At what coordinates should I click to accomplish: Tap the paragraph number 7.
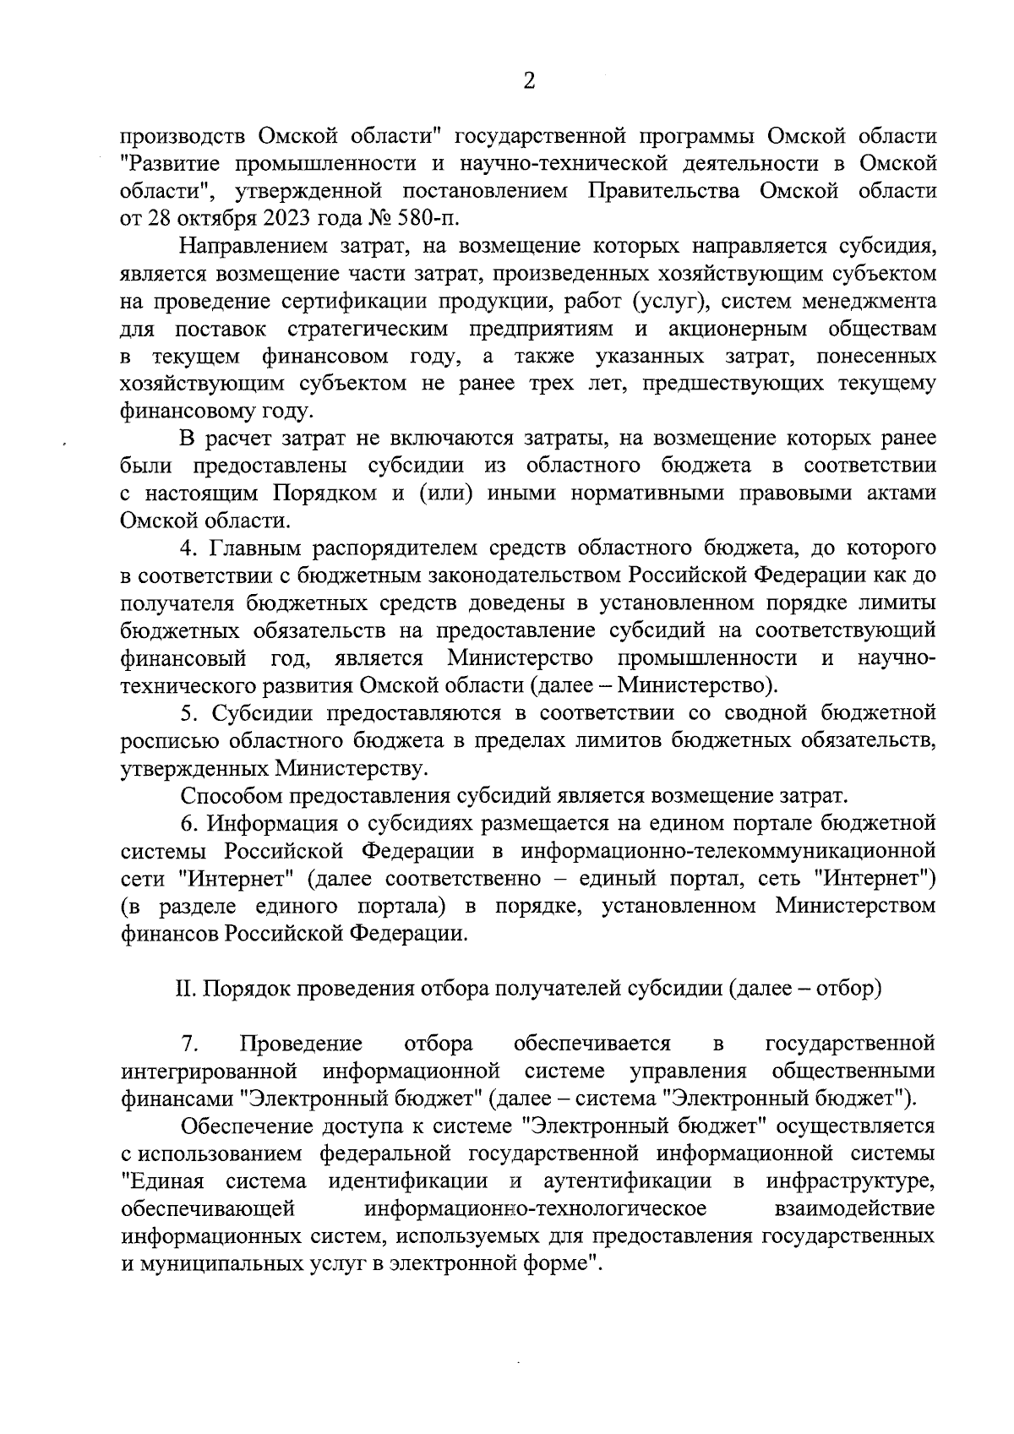(x=188, y=1044)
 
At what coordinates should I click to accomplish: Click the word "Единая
(x=164, y=1181)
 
